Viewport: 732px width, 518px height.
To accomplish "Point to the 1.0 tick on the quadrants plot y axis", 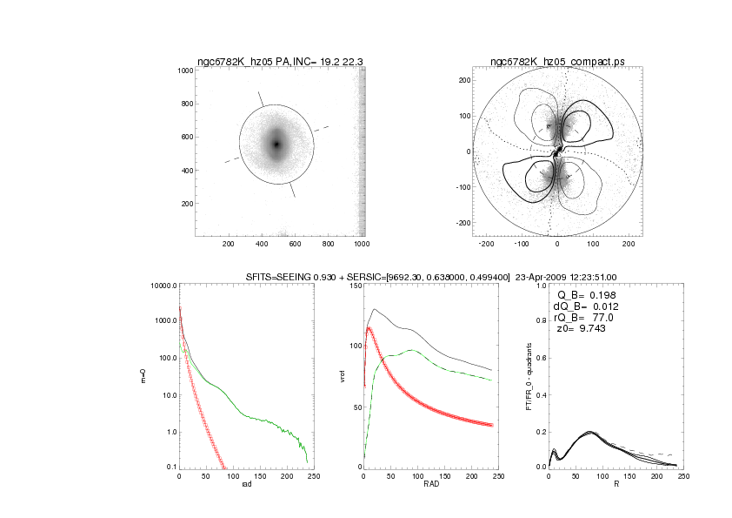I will [540, 285].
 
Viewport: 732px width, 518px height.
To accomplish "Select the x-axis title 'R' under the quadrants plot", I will [616, 485].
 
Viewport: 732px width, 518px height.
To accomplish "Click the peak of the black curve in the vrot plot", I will [375, 309].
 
